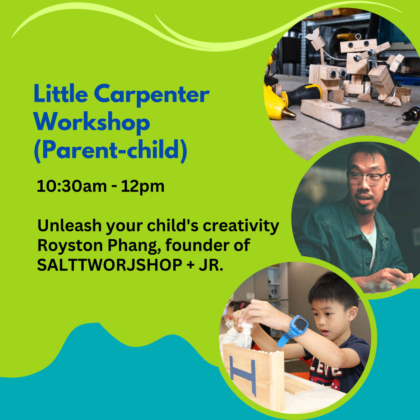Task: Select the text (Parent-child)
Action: click(x=111, y=151)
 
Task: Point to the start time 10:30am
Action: click(x=72, y=187)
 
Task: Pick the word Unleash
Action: click(x=70, y=226)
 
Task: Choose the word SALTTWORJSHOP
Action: click(x=110, y=265)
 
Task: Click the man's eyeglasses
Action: click(x=367, y=178)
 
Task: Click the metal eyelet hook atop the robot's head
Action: click(x=357, y=36)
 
